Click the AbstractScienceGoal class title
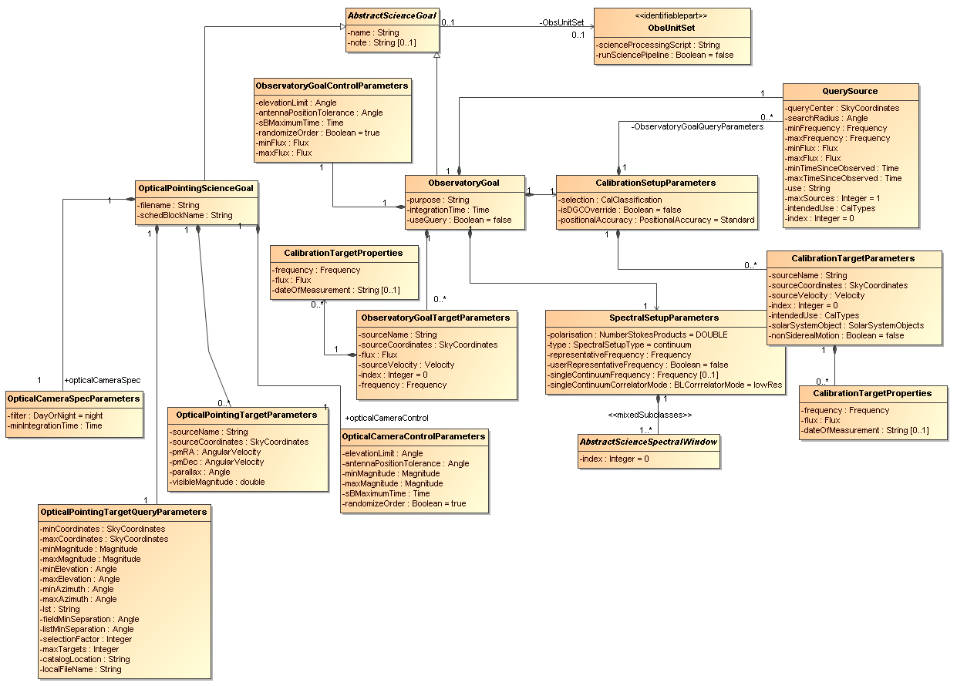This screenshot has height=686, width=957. click(392, 16)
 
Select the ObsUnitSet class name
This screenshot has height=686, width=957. click(672, 29)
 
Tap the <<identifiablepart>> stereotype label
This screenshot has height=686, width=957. click(671, 16)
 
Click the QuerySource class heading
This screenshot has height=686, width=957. click(850, 91)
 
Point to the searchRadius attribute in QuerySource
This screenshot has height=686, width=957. click(826, 119)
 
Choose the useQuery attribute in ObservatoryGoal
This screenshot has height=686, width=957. click(459, 220)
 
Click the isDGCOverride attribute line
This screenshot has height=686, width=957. click(619, 210)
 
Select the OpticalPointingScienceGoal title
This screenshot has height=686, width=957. click(196, 188)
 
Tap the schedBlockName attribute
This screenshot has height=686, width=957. click(184, 215)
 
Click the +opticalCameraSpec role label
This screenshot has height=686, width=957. click(102, 380)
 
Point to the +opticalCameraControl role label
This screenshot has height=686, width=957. click(386, 419)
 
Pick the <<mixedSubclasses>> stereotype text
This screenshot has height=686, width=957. click(650, 415)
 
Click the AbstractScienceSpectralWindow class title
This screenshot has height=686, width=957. click(648, 442)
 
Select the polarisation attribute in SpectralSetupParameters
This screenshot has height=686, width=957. click(637, 335)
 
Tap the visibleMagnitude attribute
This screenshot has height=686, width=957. click(217, 483)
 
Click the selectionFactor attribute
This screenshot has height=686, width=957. click(86, 640)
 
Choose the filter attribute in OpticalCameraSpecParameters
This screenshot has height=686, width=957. click(55, 415)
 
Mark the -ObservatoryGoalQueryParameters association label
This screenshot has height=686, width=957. click(697, 127)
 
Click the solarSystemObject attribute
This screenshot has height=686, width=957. click(846, 325)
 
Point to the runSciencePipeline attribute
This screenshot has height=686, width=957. click(664, 55)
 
